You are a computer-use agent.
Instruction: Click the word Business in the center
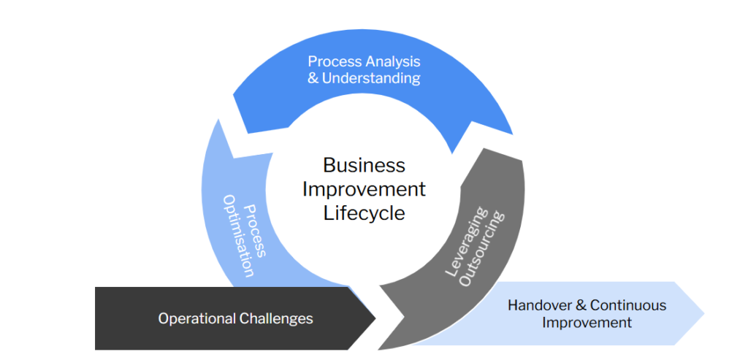click(364, 165)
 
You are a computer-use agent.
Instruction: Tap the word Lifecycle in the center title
click(364, 212)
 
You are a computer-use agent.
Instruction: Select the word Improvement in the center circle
click(364, 188)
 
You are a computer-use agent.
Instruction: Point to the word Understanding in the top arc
click(372, 78)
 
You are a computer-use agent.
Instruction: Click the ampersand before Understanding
click(313, 78)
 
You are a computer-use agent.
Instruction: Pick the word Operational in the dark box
click(196, 318)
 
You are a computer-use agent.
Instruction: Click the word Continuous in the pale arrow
click(628, 305)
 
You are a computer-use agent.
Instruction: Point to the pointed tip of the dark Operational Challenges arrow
click(375, 318)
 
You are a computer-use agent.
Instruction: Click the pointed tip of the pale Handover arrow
click(704, 313)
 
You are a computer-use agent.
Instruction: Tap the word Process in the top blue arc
click(332, 61)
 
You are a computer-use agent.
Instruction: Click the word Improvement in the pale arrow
click(587, 322)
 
